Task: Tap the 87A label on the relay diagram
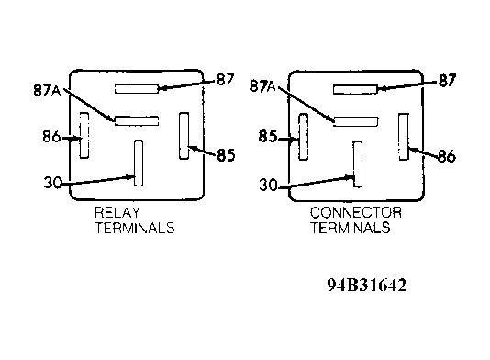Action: coord(46,90)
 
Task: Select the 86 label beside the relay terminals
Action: coord(51,138)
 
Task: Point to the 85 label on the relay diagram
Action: coord(225,154)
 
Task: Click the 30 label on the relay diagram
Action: coord(52,183)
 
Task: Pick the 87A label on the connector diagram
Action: coord(265,86)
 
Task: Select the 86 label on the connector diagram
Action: coord(445,156)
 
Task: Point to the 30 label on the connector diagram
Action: coord(268,185)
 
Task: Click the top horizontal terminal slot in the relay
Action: coord(137,88)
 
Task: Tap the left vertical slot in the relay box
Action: coord(84,135)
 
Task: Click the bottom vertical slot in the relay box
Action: coord(138,162)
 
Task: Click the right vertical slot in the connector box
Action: coord(403,135)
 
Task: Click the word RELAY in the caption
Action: coord(117,213)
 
